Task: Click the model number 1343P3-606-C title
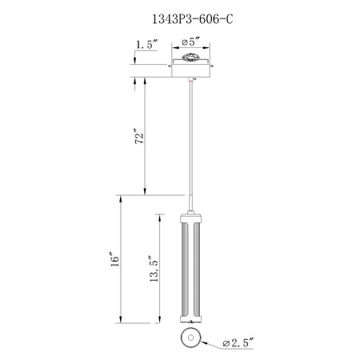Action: coord(192,19)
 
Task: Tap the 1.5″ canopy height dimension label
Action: coord(147,44)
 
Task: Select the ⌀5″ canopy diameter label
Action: coord(190,42)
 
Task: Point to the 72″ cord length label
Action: coord(139,137)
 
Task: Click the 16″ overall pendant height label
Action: coord(115,259)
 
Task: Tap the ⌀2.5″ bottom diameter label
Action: coord(238,342)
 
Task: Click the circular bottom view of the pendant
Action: coord(190,338)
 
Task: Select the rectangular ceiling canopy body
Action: coord(190,70)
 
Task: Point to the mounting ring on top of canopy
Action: coord(190,57)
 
